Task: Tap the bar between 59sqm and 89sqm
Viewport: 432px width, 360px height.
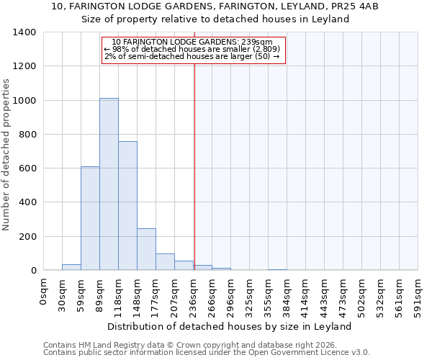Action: click(90, 218)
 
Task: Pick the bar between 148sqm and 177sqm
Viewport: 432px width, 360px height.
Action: click(146, 249)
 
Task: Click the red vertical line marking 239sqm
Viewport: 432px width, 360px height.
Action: click(194, 166)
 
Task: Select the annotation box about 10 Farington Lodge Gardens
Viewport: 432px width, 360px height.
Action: click(194, 50)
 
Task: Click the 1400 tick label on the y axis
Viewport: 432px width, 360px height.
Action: click(24, 32)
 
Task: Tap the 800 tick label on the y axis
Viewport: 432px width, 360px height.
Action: click(27, 135)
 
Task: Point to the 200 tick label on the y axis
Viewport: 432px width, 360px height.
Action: click(27, 237)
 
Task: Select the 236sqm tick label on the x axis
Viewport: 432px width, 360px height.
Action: click(194, 294)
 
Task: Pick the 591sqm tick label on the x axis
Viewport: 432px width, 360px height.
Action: click(418, 294)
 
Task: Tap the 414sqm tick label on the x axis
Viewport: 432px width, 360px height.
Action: click(306, 294)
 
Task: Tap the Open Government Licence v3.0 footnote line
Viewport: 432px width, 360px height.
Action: click(207, 353)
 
